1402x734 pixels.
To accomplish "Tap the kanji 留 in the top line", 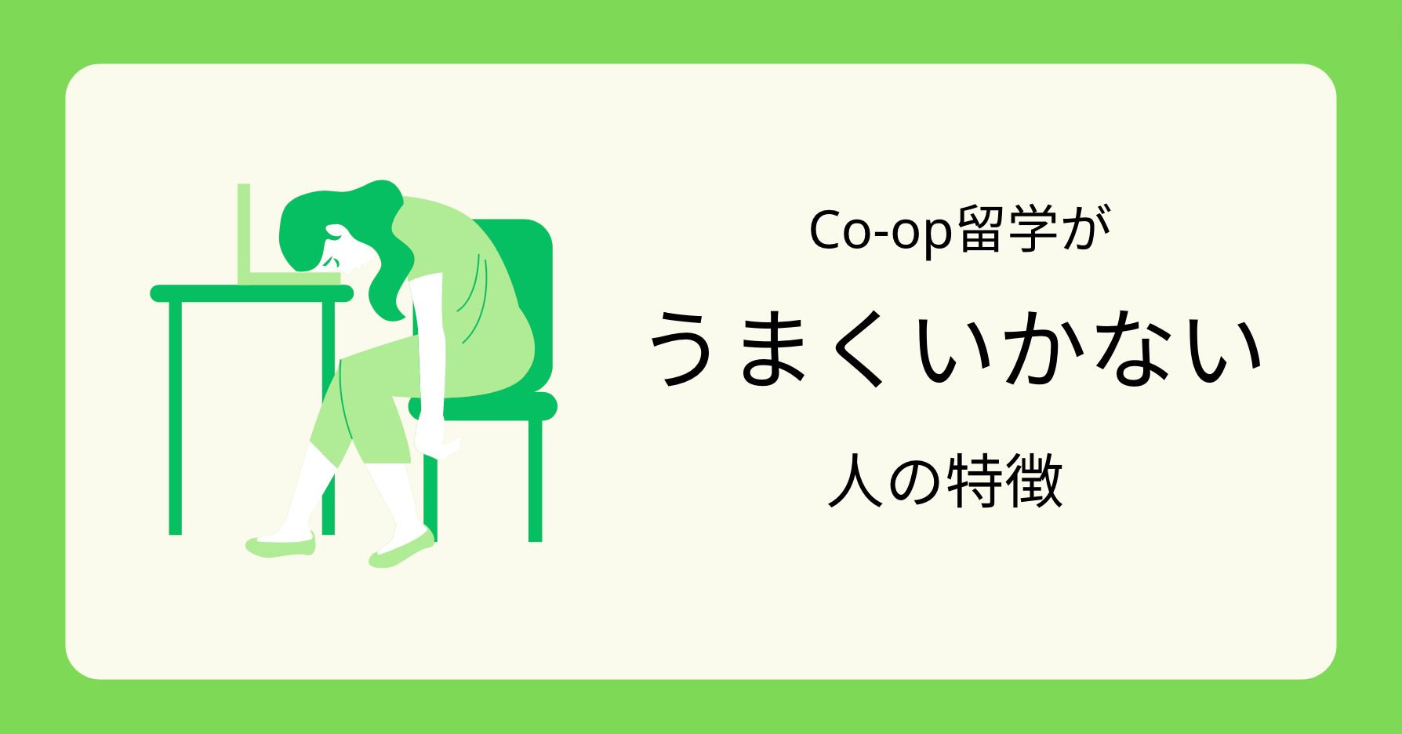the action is tap(979, 229).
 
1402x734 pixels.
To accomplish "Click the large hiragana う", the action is tap(681, 348).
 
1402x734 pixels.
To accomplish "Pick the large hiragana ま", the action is tap(772, 348).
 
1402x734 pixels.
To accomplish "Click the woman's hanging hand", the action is tap(436, 443).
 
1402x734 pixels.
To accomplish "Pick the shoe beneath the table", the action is tap(281, 544).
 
